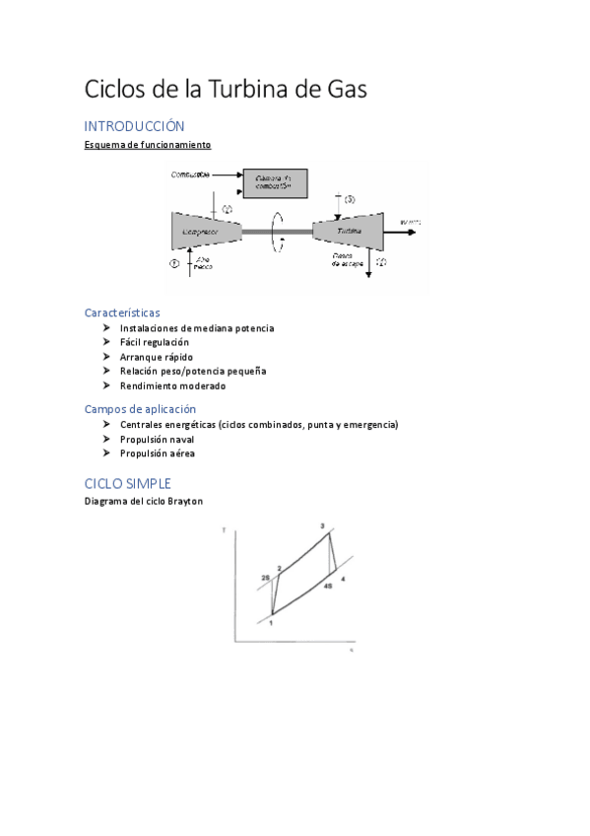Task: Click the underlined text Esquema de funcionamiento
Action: click(148, 145)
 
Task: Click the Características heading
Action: click(122, 312)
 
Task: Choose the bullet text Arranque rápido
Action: click(157, 357)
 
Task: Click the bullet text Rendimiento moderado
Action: click(172, 385)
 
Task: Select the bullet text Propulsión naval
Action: click(158, 439)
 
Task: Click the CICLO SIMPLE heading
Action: click(128, 483)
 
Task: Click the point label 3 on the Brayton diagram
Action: click(322, 526)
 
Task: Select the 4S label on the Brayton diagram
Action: click(327, 586)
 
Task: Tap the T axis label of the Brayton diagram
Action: click(224, 531)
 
